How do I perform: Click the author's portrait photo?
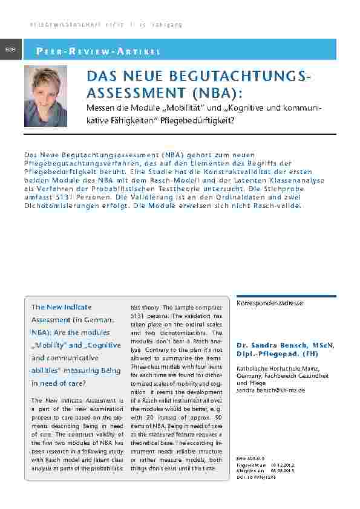[45, 96]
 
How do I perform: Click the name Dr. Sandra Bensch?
[272, 345]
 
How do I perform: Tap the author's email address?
[271, 391]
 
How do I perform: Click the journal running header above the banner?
[106, 25]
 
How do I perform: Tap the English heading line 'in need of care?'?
[58, 383]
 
